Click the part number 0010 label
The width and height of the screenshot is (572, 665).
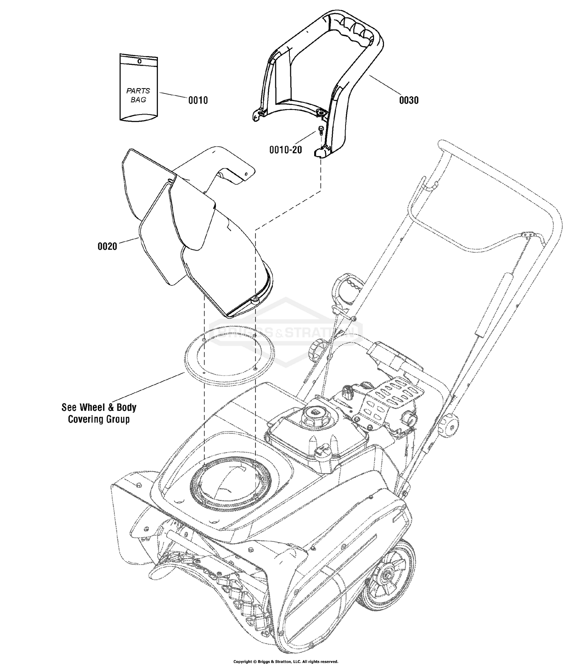198,100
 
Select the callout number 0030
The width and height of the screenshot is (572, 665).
409,100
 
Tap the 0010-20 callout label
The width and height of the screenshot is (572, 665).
286,150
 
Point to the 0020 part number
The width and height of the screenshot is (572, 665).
108,246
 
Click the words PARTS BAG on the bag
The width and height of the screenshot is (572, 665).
138,95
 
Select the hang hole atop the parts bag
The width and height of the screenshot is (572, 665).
139,61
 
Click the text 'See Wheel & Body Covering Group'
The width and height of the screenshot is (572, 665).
99,413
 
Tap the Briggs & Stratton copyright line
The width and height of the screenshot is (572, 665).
286,661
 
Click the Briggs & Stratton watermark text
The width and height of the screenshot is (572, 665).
286,334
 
